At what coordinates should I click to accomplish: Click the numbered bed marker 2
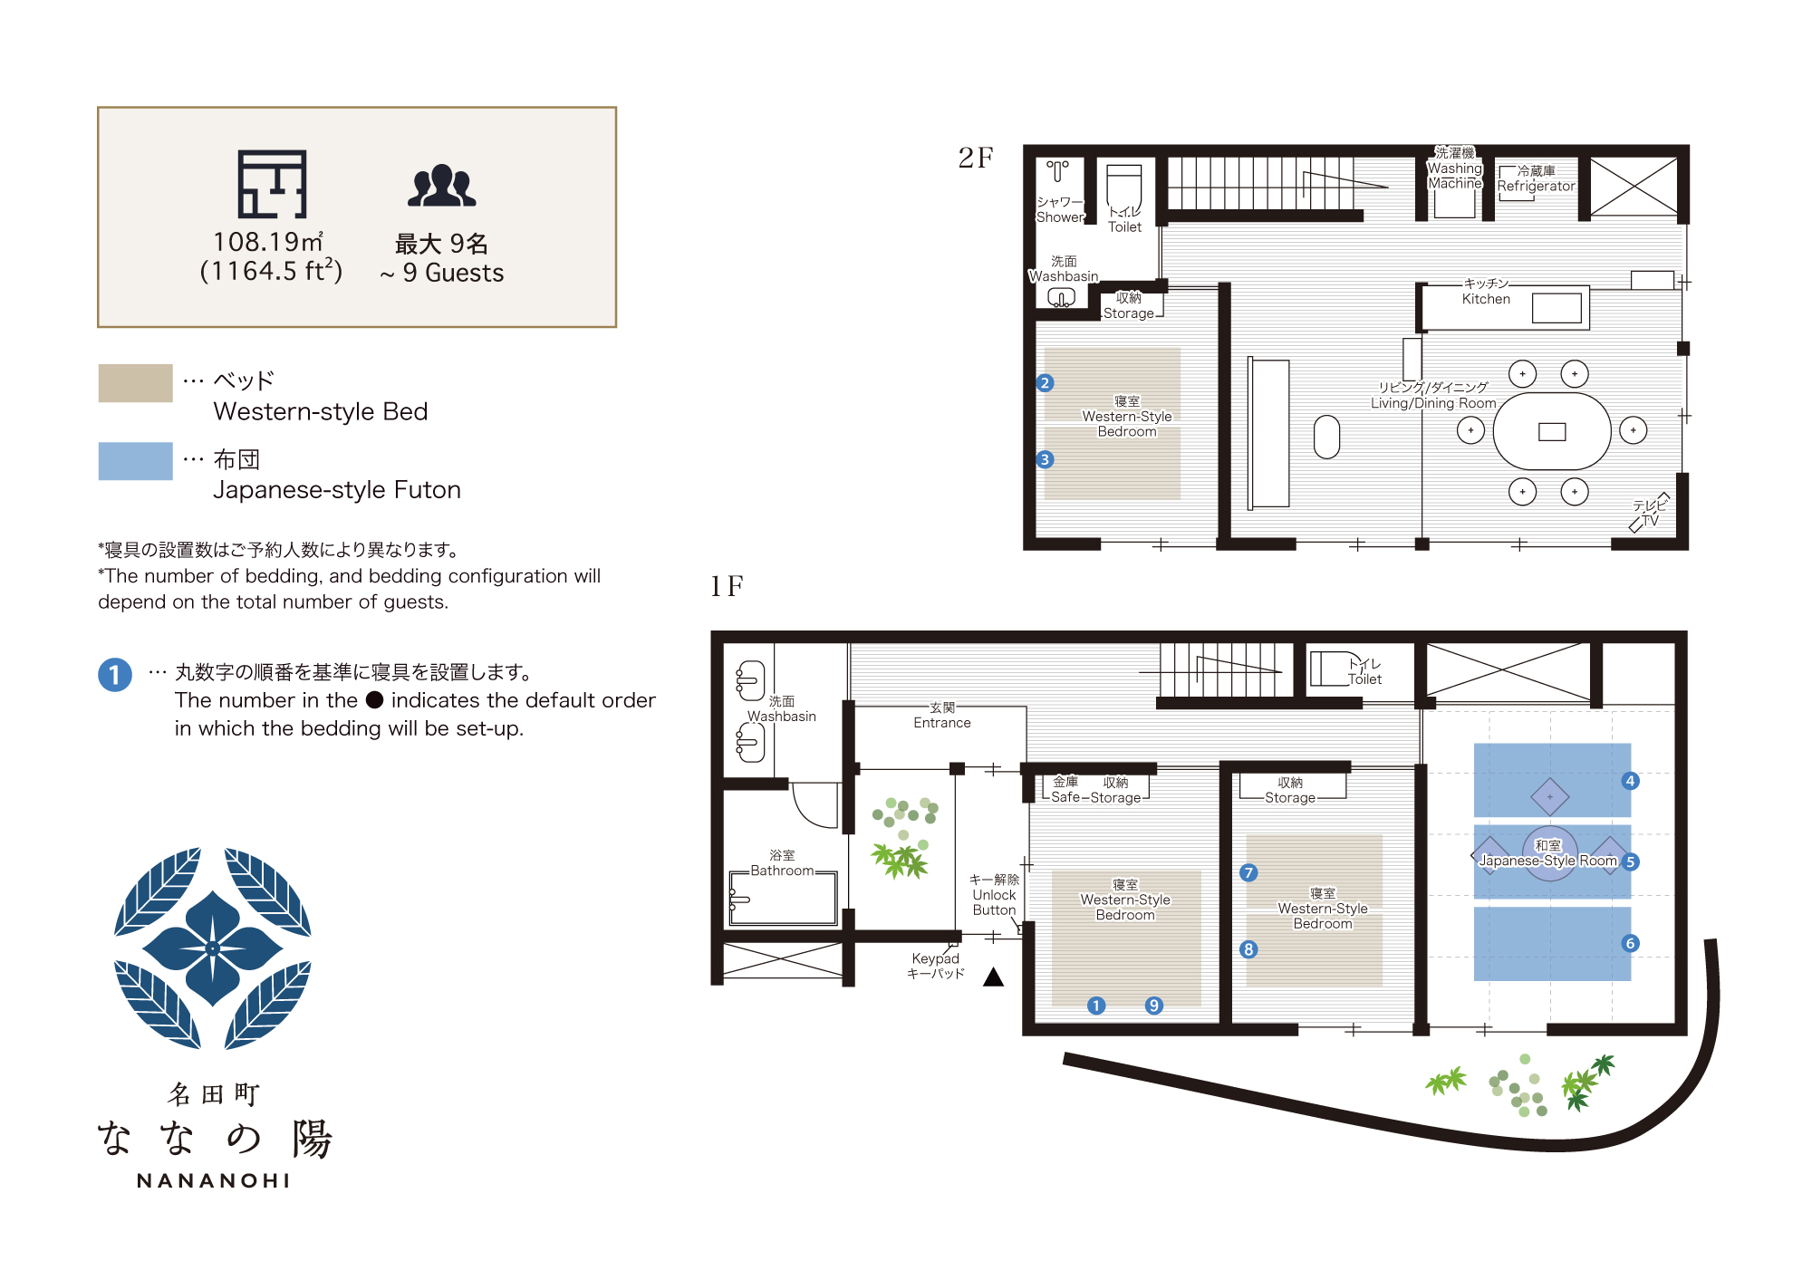pyautogui.click(x=1045, y=383)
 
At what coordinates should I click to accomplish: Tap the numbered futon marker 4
pyautogui.click(x=1630, y=781)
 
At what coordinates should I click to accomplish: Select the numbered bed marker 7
pyautogui.click(x=1248, y=872)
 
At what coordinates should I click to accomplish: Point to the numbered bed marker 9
pyautogui.click(x=1153, y=1006)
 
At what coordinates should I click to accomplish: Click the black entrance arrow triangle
pyautogui.click(x=994, y=977)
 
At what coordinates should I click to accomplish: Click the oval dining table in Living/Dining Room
pyautogui.click(x=1551, y=431)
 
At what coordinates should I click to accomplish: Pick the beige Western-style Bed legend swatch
pyautogui.click(x=135, y=383)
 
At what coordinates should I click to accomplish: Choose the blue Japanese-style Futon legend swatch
pyautogui.click(x=135, y=461)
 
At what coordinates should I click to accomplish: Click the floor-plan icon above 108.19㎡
pyautogui.click(x=272, y=184)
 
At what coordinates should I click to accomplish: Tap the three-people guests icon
pyautogui.click(x=441, y=186)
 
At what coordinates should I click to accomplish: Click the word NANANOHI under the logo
pyautogui.click(x=214, y=1181)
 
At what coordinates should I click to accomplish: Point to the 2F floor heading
pyautogui.click(x=976, y=159)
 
